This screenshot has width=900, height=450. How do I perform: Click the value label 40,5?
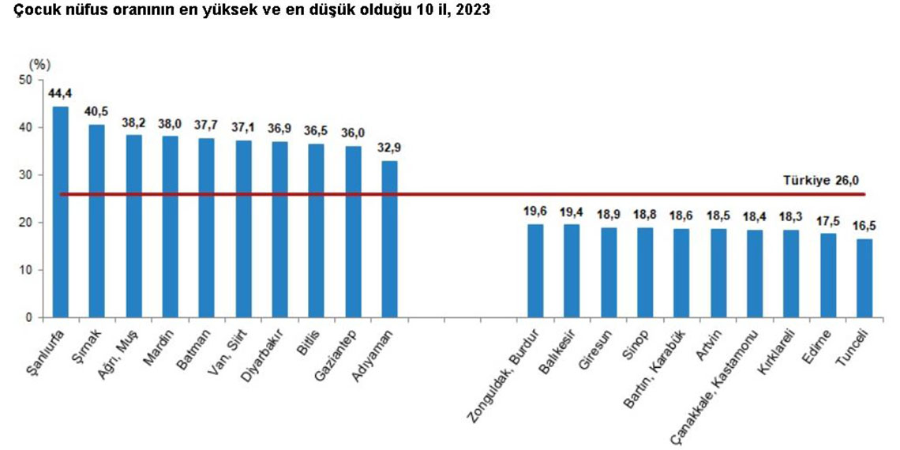pyautogui.click(x=97, y=111)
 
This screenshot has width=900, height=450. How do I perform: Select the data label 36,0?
pyautogui.click(x=353, y=133)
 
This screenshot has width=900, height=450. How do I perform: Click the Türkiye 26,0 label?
pyautogui.click(x=820, y=181)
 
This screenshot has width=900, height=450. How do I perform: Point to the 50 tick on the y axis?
pyautogui.click(x=25, y=80)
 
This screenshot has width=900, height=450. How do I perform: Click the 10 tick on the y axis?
pyautogui.click(x=25, y=270)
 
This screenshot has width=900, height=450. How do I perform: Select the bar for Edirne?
pyautogui.click(x=828, y=276)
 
